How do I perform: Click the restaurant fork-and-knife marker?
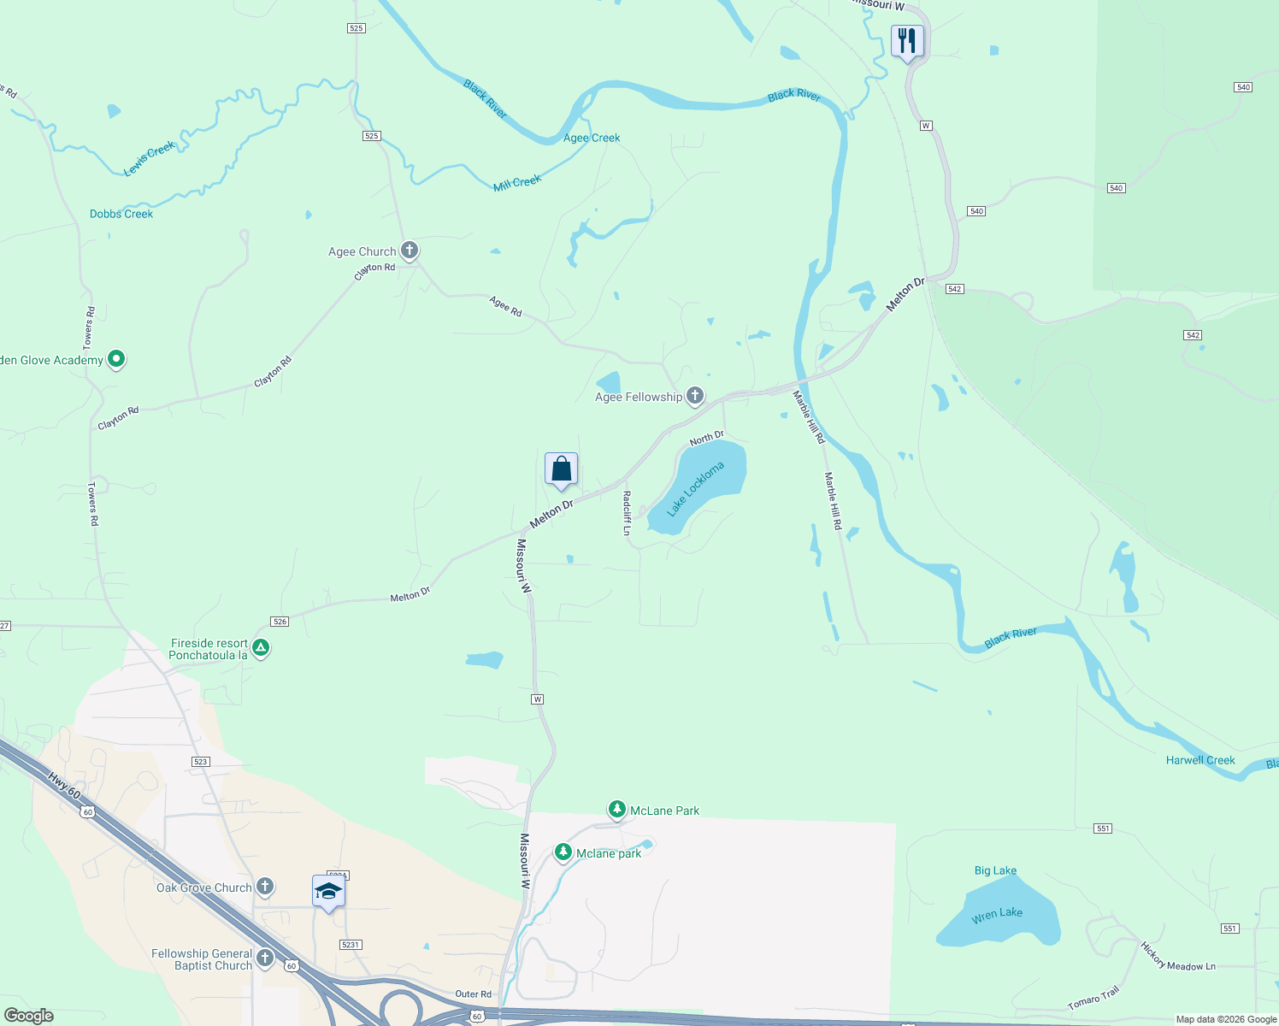907,41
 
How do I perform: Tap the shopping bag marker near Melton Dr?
561,469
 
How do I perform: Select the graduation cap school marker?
328,892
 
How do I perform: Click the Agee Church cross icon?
410,251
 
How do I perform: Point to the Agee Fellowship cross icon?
695,395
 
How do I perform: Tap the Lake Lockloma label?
695,489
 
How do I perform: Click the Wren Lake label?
997,914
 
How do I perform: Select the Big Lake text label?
995,870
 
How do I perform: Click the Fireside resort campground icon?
262,648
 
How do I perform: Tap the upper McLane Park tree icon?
616,809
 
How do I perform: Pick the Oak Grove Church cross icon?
265,887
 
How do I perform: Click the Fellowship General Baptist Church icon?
265,958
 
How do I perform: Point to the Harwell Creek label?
1200,760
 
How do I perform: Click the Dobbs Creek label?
121,214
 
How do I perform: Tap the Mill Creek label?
517,183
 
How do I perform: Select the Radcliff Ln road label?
627,513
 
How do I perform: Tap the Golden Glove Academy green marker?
117,359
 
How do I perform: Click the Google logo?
28,1016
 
